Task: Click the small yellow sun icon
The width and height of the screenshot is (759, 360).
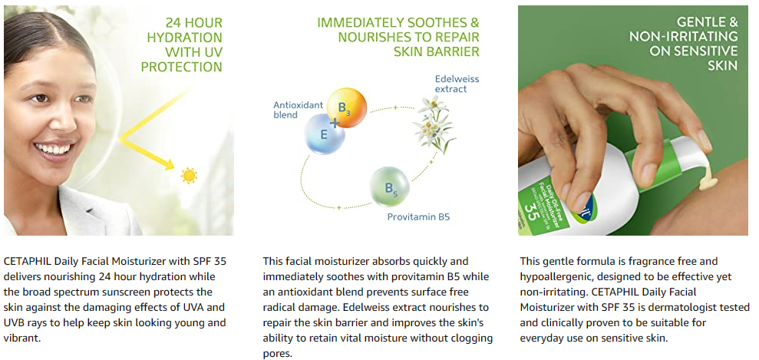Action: click(x=189, y=175)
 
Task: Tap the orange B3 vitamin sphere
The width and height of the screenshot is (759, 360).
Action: click(x=347, y=107)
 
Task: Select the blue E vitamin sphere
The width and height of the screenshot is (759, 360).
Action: click(x=325, y=134)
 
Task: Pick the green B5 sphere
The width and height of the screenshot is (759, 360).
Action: click(x=390, y=187)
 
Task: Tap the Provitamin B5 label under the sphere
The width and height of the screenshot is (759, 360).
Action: click(x=418, y=217)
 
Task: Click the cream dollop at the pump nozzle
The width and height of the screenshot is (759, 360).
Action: click(x=708, y=179)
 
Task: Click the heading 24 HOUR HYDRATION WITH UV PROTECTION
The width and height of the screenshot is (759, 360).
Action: click(x=182, y=45)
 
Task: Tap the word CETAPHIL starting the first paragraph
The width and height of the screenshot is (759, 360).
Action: click(x=27, y=261)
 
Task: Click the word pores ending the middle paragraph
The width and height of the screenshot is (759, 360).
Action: click(x=278, y=354)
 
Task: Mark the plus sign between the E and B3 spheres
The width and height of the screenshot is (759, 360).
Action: click(x=335, y=122)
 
